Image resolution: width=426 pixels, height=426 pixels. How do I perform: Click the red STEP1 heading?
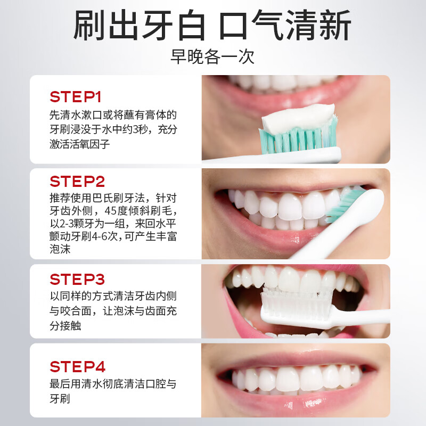pos(76,97)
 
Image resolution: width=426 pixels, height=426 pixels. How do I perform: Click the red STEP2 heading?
pos(77,181)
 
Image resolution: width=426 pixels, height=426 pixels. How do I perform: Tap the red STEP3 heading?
pos(77,279)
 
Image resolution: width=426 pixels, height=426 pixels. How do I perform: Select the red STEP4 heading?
pos(77,367)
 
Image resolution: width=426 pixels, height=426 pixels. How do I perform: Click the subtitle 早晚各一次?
pos(212,56)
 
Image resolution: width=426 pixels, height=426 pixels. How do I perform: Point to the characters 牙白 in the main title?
pos(174,25)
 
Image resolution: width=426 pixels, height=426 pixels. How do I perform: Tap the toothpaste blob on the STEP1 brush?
pos(298,118)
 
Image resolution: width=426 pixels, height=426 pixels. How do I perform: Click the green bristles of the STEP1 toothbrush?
pos(298,138)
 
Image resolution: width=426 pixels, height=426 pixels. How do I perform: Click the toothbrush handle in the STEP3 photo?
pos(362,316)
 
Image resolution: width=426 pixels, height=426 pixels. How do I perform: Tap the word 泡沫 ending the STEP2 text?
pos(60,249)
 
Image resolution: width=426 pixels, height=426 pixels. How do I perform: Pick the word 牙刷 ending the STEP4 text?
pos(60,398)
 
